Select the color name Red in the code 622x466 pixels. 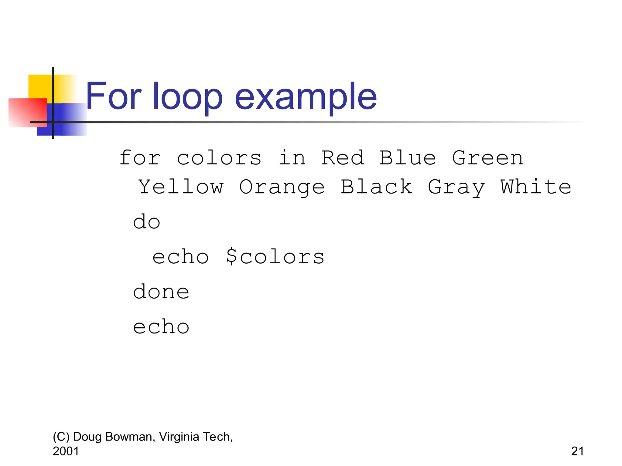pos(343,158)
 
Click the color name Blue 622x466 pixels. pos(408,158)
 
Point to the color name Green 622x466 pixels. pos(487,158)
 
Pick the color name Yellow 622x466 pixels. pos(181,187)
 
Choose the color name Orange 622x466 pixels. pos(282,187)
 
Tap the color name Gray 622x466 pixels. pos(456,187)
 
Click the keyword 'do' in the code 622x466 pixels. pos(146,222)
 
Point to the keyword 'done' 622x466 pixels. pos(161,292)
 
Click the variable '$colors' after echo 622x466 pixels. pos(275,257)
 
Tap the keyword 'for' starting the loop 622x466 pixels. pos(140,158)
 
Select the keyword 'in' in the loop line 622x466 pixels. pos(292,158)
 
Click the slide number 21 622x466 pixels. pos(577,451)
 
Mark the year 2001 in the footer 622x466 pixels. pos(66,451)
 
